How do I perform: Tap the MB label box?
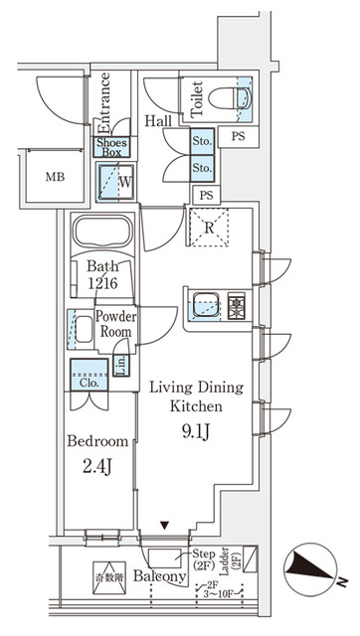(x=43, y=178)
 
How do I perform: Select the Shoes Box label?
(x=110, y=147)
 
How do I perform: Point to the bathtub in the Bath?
(x=102, y=236)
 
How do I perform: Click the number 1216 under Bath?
(x=102, y=284)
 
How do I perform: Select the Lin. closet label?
(x=120, y=365)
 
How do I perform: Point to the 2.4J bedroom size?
(x=97, y=463)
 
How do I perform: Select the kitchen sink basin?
(x=206, y=302)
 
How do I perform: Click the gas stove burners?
(x=237, y=302)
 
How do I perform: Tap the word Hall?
(x=158, y=121)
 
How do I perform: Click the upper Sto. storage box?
(x=203, y=141)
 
